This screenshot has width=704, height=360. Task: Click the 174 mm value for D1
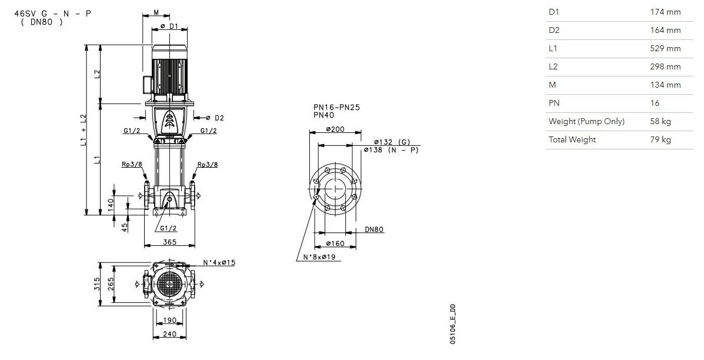[x=665, y=12]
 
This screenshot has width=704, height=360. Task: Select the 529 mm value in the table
[x=665, y=48]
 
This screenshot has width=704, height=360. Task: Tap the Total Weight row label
[x=572, y=139]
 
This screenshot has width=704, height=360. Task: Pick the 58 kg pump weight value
[x=660, y=121]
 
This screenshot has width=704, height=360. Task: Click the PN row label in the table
[x=554, y=103]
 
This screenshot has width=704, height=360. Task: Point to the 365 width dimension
[x=169, y=242]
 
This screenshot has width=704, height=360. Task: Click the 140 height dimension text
[x=111, y=205]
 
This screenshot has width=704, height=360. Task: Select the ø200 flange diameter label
[x=335, y=129]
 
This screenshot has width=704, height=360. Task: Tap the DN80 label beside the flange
[x=374, y=229]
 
